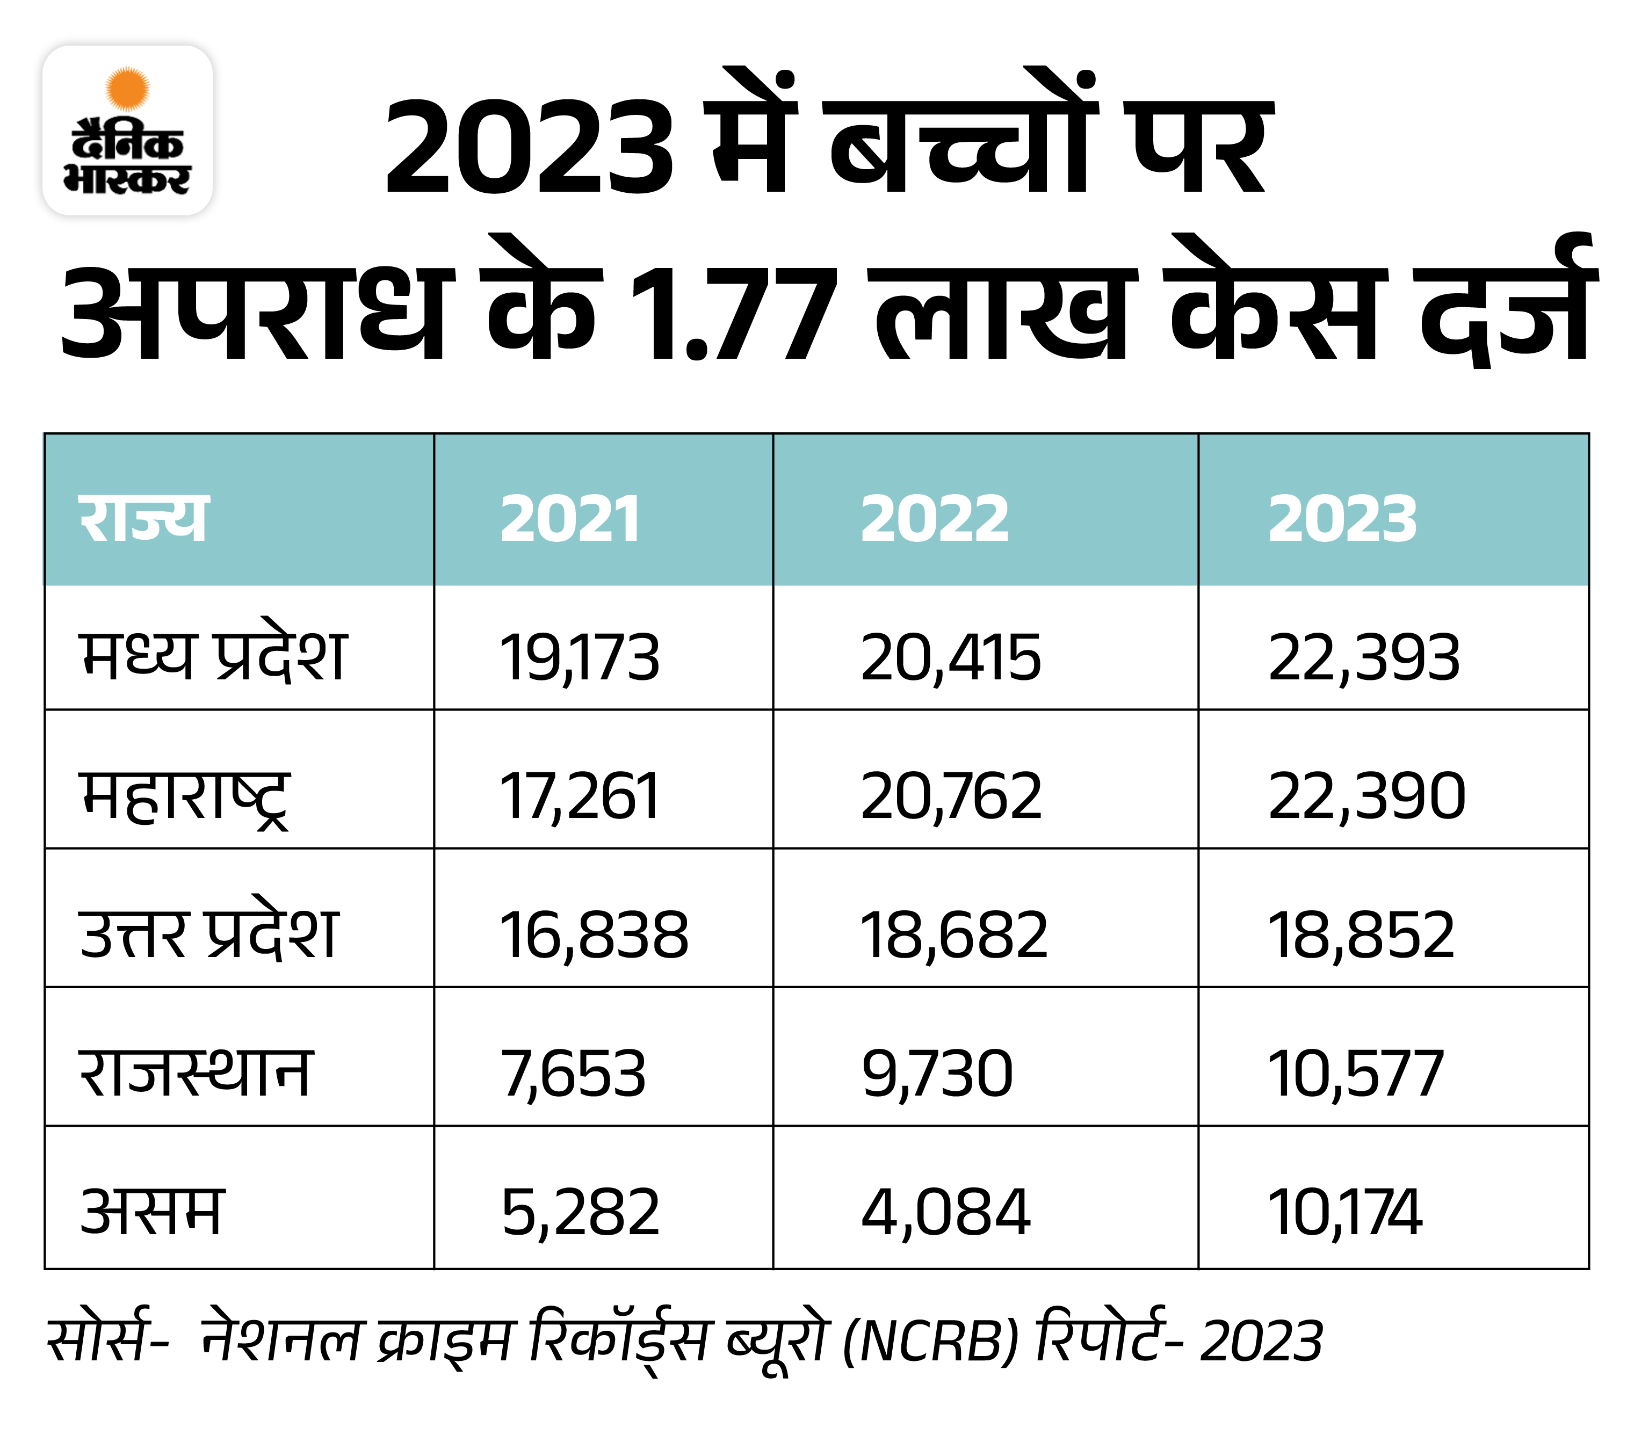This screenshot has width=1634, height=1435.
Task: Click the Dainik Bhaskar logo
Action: (127, 131)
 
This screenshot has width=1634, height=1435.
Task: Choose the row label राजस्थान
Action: (194, 1073)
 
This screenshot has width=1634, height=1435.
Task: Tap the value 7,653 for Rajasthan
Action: (573, 1074)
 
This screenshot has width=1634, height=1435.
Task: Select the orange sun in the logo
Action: (127, 88)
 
